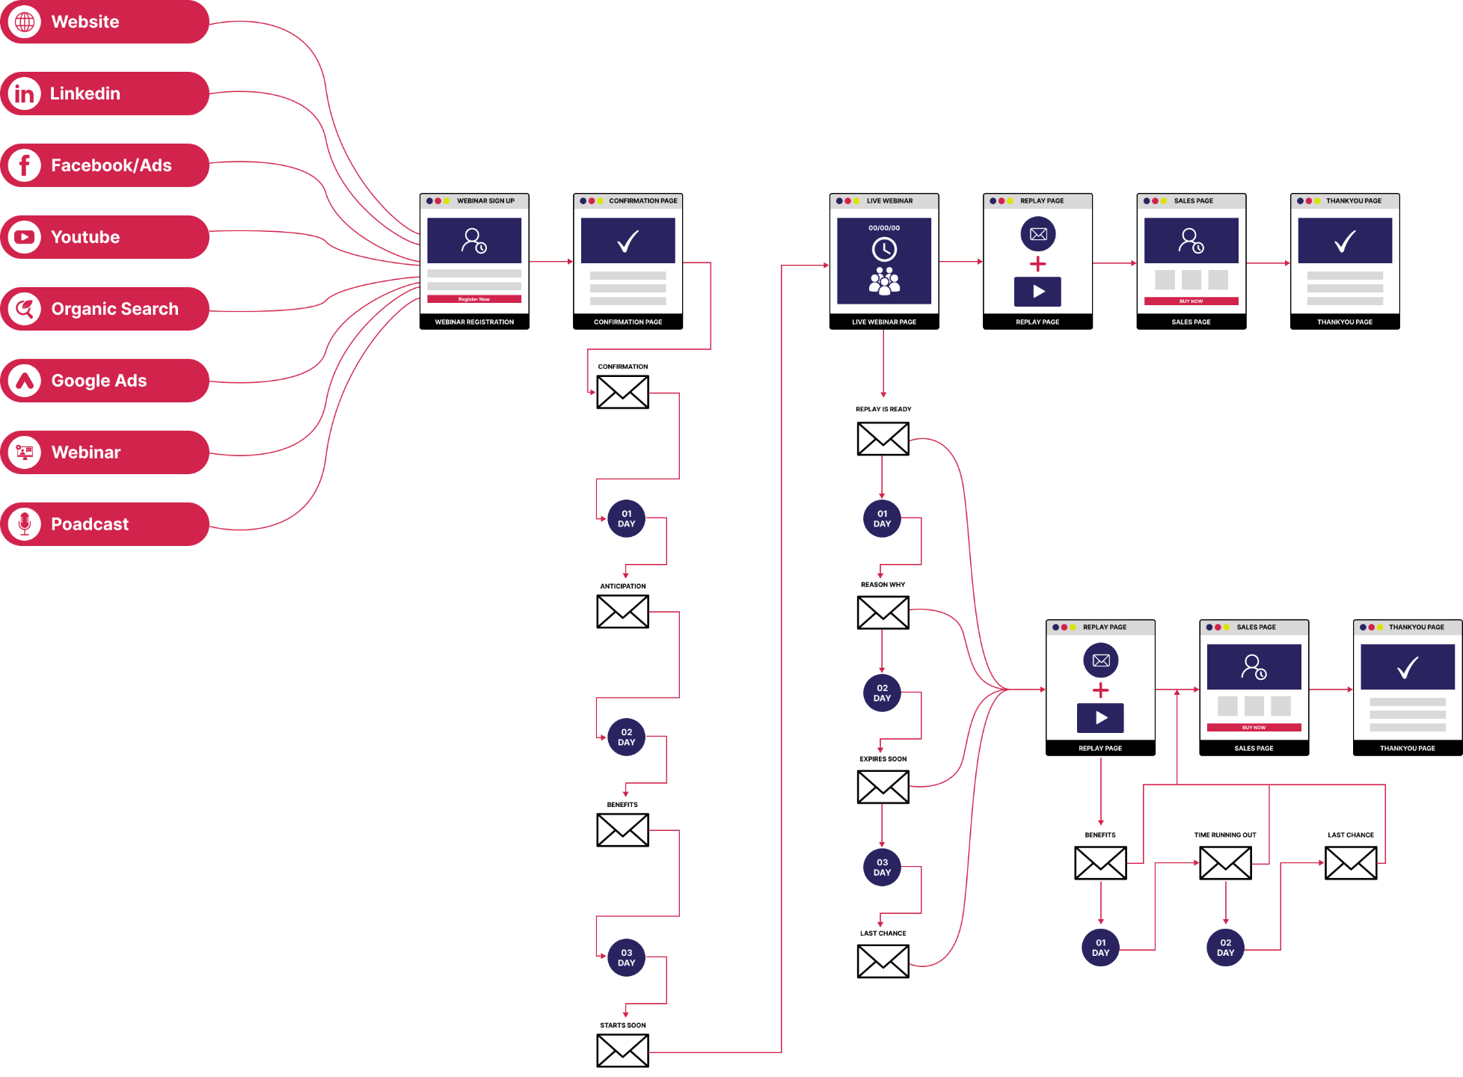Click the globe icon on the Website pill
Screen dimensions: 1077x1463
tap(25, 22)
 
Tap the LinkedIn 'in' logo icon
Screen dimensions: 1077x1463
tap(25, 93)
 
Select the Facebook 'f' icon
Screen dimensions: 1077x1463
tap(25, 165)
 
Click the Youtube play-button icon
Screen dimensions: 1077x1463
tap(25, 237)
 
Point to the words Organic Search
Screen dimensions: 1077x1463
tap(114, 309)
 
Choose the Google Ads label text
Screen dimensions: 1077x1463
tap(99, 381)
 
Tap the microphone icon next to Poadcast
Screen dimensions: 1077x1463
tap(25, 524)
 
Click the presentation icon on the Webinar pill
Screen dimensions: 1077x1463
tap(25, 452)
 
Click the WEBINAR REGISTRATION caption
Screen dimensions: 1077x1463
tap(474, 322)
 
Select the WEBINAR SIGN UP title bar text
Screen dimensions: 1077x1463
tap(485, 201)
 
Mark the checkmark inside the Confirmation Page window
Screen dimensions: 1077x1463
tap(628, 241)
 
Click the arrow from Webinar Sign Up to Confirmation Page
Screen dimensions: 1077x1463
tap(550, 262)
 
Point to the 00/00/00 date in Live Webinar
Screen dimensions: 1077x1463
tap(884, 228)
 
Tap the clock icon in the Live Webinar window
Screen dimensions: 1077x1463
tap(884, 249)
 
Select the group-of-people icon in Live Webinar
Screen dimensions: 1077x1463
tap(884, 281)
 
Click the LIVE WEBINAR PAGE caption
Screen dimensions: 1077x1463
tap(884, 322)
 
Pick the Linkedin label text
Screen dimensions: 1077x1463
tap(85, 93)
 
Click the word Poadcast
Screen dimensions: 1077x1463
tap(90, 524)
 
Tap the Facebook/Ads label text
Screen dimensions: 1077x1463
tap(111, 165)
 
